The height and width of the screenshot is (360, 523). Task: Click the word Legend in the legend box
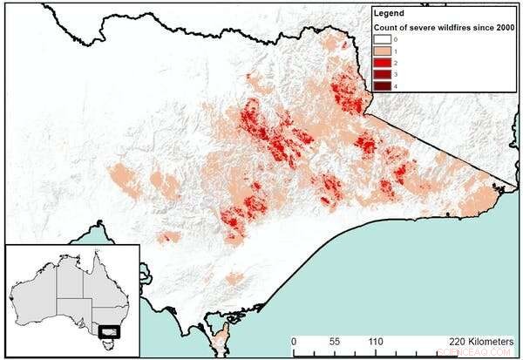[x=388, y=14]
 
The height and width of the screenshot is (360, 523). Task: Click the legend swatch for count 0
[x=384, y=40]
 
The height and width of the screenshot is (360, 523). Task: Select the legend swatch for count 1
[x=384, y=52]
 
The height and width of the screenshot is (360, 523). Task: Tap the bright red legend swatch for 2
[x=384, y=64]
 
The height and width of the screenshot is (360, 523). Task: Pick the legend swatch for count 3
[x=384, y=75]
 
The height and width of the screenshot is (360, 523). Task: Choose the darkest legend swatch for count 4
[x=384, y=86]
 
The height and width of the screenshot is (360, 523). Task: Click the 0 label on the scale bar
[x=294, y=342]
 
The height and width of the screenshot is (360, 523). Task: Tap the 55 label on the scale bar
[x=335, y=342]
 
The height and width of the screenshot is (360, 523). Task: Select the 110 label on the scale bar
[x=377, y=342]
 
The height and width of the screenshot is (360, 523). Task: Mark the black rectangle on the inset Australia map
[x=109, y=331]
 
